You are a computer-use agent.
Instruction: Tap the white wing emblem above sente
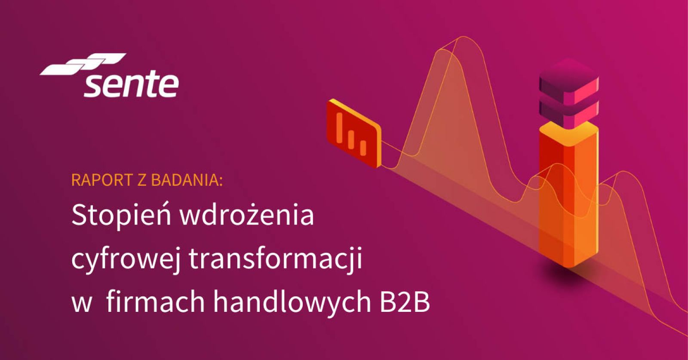pyautogui.click(x=84, y=65)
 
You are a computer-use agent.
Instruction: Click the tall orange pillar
pyautogui.click(x=568, y=198)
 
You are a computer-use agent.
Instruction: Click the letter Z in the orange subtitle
pyautogui.click(x=142, y=180)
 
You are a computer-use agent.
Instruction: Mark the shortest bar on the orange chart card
pyautogui.click(x=363, y=148)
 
